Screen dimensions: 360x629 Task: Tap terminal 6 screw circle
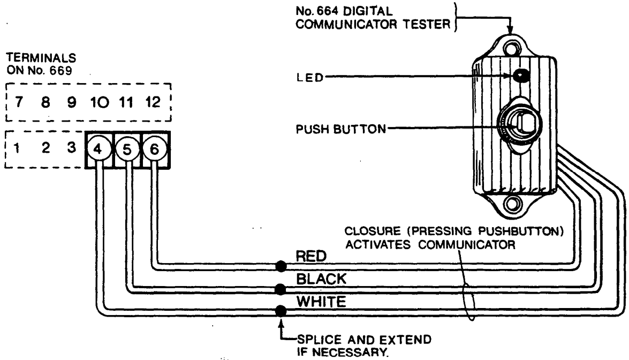[154, 149]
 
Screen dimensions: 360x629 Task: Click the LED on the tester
[518, 76]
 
